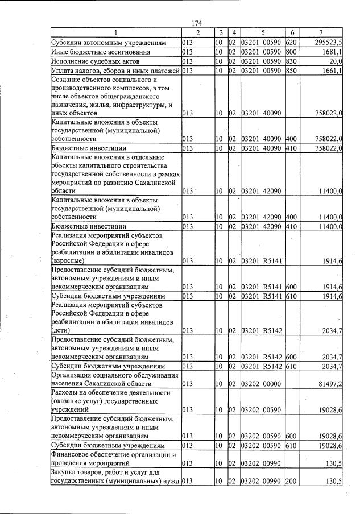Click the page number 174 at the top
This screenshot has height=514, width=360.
[197, 23]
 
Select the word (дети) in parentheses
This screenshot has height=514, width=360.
[61, 330]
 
